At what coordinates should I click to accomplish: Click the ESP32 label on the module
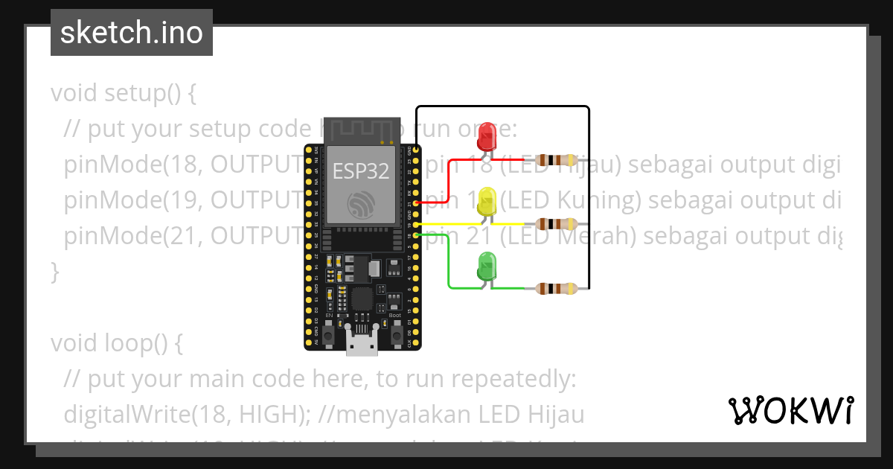click(361, 171)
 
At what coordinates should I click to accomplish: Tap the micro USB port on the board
click(362, 344)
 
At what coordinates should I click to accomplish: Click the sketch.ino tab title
click(131, 33)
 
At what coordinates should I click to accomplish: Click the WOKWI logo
click(790, 410)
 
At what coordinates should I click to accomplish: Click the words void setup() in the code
click(124, 94)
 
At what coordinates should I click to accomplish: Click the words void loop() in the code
click(116, 343)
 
